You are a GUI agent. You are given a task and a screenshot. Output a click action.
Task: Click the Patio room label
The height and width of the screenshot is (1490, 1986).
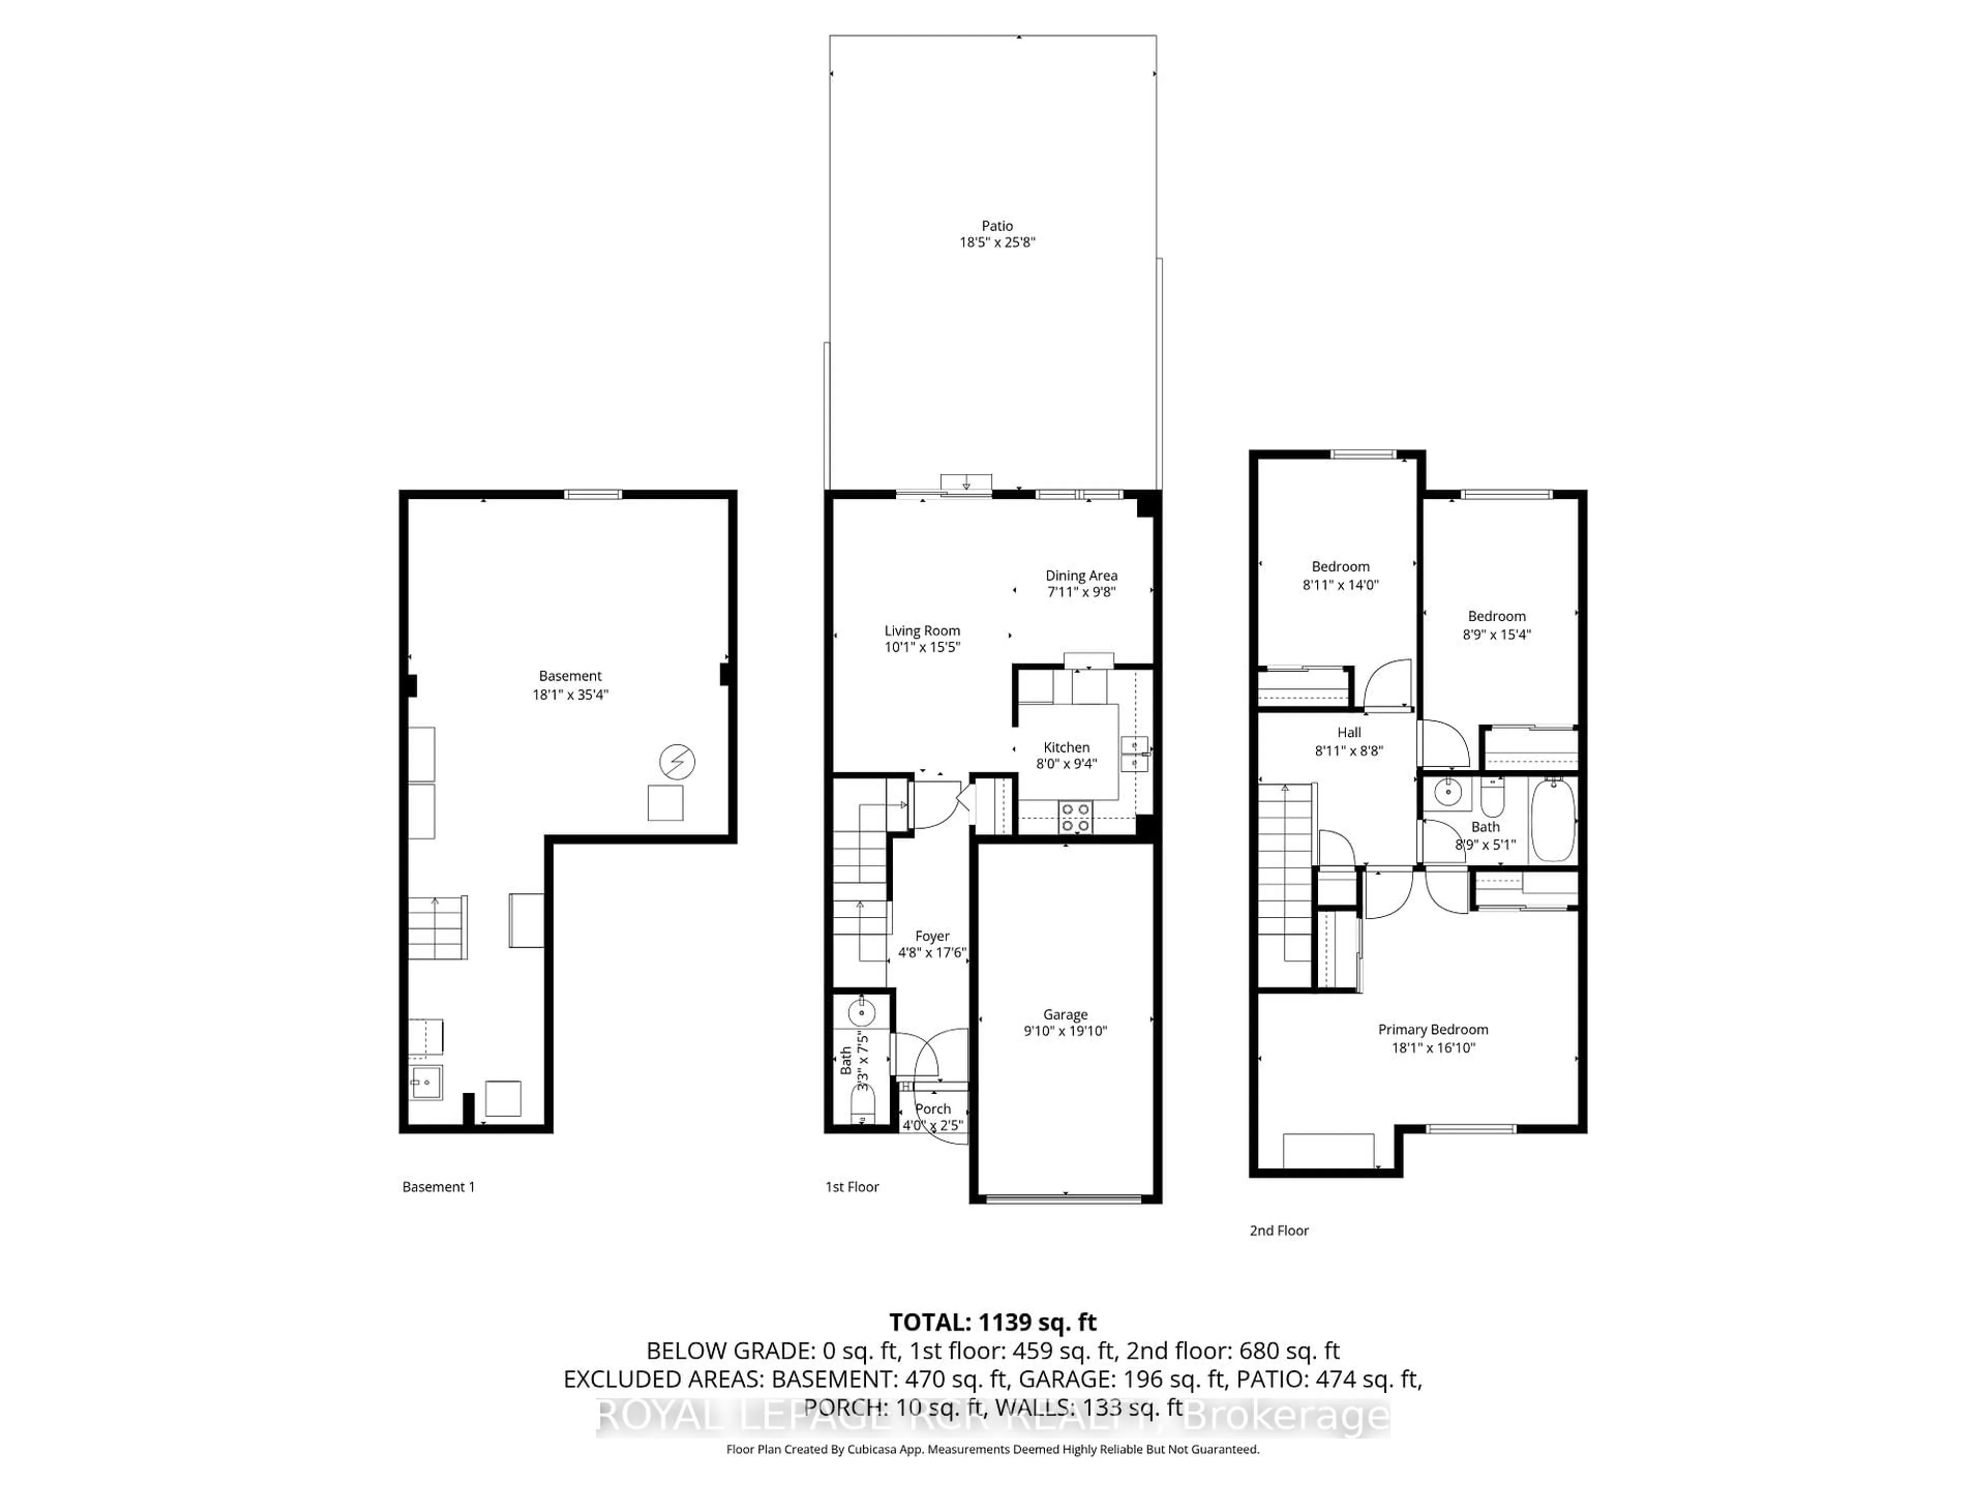coord(997,226)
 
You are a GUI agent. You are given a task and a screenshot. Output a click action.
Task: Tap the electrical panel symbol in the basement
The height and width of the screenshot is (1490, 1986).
coord(677,762)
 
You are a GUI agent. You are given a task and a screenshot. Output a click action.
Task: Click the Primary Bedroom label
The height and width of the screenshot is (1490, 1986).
coord(1433,1029)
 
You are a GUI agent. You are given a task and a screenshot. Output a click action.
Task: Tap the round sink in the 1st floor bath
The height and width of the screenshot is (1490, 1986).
coord(862,1013)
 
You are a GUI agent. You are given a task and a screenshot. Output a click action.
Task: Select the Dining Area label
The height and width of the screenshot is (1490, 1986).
coord(1081,576)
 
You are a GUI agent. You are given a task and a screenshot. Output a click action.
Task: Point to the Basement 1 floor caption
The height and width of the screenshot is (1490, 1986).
coord(438,1186)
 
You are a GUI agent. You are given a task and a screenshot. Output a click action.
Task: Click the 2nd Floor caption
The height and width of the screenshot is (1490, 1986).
coord(1278,1230)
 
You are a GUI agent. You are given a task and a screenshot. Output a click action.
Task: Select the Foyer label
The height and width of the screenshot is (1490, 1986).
coord(932,936)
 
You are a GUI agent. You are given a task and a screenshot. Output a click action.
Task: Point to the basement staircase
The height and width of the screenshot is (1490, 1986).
coord(438,927)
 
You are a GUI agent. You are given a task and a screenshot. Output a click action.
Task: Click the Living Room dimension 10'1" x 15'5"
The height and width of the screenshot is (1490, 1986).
coord(922,647)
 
